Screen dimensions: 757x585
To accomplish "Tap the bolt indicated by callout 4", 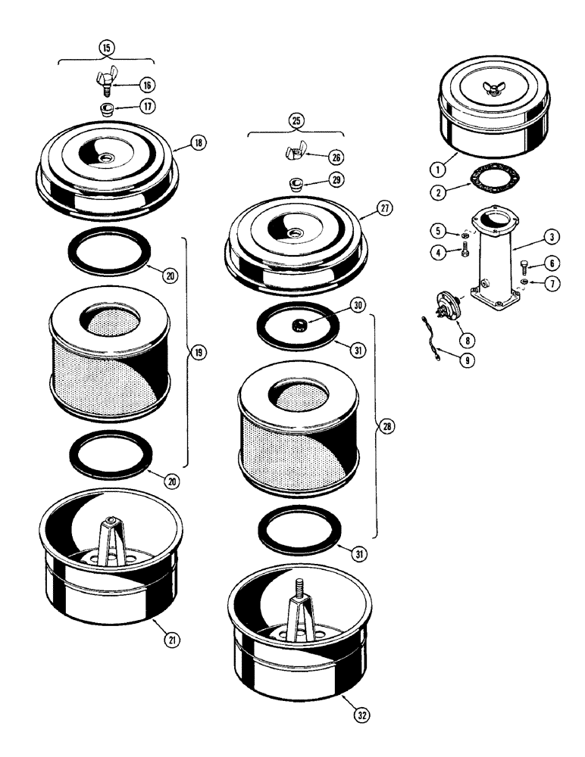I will coord(465,250).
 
